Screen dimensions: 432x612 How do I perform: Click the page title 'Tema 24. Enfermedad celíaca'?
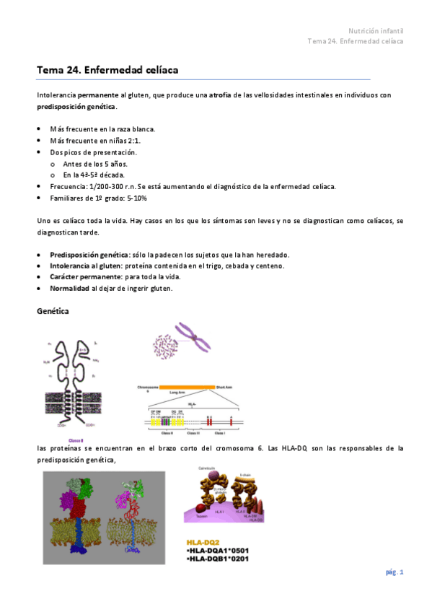[107, 70]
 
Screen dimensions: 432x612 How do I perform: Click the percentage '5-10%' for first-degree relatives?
[136, 198]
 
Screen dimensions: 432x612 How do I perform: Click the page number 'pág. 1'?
[393, 572]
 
